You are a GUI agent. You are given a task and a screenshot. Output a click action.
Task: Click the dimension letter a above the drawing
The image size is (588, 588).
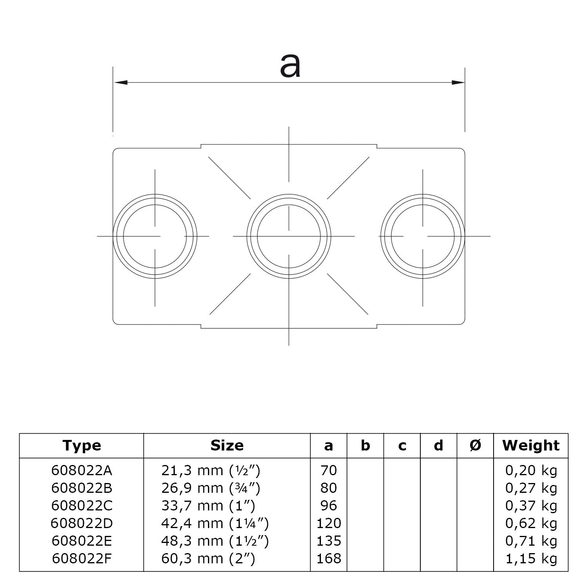pyautogui.click(x=290, y=66)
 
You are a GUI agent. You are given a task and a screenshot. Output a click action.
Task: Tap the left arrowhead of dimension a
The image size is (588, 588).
pyautogui.click(x=121, y=83)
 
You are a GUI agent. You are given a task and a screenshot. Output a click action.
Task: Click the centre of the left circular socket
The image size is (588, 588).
pyautogui.click(x=155, y=236)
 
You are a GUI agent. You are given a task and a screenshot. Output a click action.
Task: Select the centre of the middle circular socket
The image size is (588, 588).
pyautogui.click(x=289, y=236)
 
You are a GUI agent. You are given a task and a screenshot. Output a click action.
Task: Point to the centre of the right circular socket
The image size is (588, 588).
pyautogui.click(x=423, y=236)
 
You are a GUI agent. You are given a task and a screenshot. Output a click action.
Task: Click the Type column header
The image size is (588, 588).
pyautogui.click(x=81, y=445)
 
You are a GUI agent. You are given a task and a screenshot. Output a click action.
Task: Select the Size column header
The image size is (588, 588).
pyautogui.click(x=227, y=445)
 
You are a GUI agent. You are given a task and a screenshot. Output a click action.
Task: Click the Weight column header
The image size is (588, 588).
pyautogui.click(x=531, y=445)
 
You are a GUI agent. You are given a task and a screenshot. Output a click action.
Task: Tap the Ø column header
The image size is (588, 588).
pyautogui.click(x=475, y=445)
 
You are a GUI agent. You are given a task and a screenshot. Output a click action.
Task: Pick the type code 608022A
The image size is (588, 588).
pyautogui.click(x=81, y=470)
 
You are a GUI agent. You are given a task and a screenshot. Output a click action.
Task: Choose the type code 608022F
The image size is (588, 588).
pyautogui.click(x=81, y=558)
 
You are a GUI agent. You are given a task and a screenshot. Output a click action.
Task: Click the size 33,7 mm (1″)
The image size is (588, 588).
pyautogui.click(x=208, y=506)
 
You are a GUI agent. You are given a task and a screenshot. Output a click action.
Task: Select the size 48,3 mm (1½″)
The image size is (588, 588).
pyautogui.click(x=215, y=541)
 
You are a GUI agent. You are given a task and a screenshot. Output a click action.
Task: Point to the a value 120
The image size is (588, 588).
pyautogui.click(x=329, y=523)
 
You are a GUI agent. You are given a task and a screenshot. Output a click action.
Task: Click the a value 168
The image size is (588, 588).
pyautogui.click(x=329, y=558)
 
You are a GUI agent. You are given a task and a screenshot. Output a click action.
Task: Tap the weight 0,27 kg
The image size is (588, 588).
pyautogui.click(x=531, y=488)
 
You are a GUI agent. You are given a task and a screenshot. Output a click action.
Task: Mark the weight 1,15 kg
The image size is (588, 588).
pyautogui.click(x=531, y=558)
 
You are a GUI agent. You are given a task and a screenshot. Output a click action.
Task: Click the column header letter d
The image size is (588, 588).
pyautogui.click(x=439, y=445)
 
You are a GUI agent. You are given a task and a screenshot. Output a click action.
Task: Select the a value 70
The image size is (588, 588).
pyautogui.click(x=329, y=470)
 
